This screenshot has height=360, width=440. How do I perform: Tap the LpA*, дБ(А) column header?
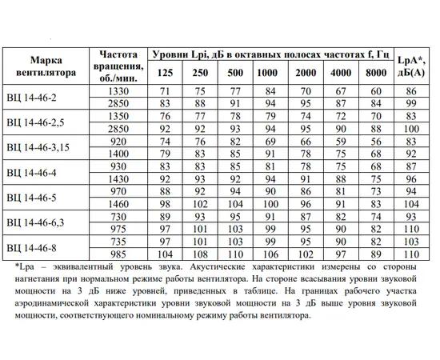(411, 65)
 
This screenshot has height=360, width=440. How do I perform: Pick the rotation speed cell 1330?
(118, 91)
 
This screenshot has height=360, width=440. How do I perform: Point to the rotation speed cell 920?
(118, 141)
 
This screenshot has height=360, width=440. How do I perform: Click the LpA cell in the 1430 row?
(411, 178)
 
